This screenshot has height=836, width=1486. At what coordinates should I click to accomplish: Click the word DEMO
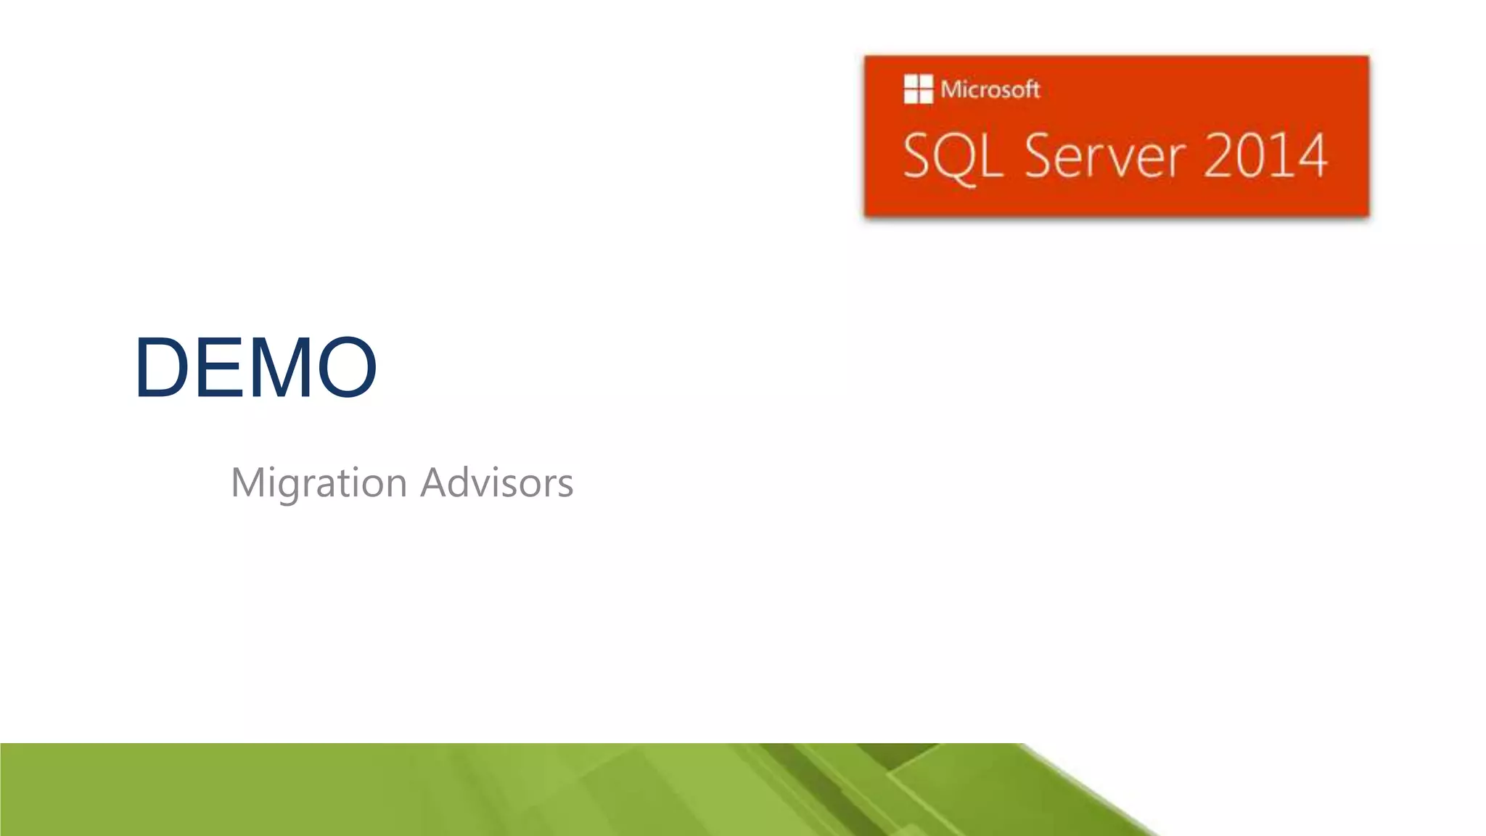click(x=255, y=367)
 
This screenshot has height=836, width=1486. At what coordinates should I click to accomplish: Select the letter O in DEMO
click(x=347, y=367)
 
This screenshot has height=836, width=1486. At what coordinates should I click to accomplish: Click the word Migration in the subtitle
click(x=319, y=483)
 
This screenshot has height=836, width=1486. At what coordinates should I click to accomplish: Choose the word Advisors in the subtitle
click(x=497, y=483)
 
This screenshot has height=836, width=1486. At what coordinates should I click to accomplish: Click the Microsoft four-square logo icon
click(x=918, y=89)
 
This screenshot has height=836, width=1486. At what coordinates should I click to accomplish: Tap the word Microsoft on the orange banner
click(x=990, y=89)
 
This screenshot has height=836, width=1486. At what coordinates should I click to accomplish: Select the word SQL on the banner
click(x=953, y=156)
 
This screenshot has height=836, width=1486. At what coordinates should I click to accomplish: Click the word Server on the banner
click(x=1105, y=156)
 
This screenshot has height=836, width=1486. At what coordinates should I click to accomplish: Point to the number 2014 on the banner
click(x=1265, y=156)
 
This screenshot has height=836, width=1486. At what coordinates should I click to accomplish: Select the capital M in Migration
click(x=247, y=483)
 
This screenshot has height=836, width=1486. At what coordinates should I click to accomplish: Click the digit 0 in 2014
click(x=1255, y=156)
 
